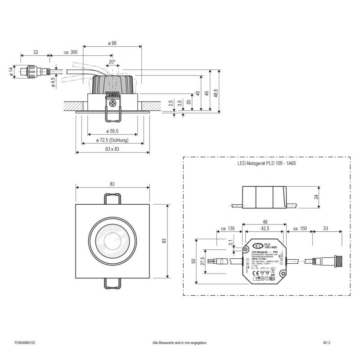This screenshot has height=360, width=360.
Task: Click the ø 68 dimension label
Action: pyautogui.click(x=112, y=43)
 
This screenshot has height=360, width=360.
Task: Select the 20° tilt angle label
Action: pyautogui.click(x=112, y=62)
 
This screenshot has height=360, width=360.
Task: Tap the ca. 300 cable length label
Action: pyautogui.click(x=71, y=53)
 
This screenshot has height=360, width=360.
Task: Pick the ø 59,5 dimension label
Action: pyautogui.click(x=112, y=131)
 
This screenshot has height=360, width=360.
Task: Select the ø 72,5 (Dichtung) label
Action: pyautogui.click(x=112, y=140)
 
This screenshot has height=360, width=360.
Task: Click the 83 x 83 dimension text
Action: pyautogui.click(x=112, y=149)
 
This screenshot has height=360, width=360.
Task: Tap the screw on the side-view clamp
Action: pyautogui.click(x=112, y=103)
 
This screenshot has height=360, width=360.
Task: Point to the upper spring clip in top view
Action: pyautogui.click(x=112, y=198)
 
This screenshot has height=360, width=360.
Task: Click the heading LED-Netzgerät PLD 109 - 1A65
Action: pyautogui.click(x=266, y=164)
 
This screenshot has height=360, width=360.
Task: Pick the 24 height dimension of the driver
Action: pyautogui.click(x=316, y=197)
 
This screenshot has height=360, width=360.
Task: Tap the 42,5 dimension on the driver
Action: pyautogui.click(x=263, y=229)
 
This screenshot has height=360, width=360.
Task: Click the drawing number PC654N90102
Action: pyautogui.click(x=25, y=342)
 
